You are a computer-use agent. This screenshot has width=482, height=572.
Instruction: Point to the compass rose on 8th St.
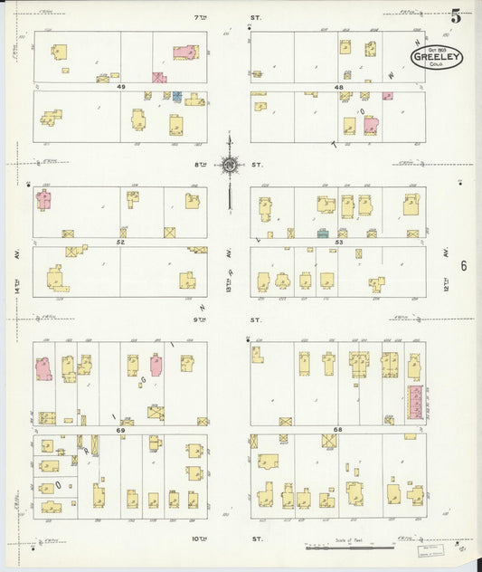230,165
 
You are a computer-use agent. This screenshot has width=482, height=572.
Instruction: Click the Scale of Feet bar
350,548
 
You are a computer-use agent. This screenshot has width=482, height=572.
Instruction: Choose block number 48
338,88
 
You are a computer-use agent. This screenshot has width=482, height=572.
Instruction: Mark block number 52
119,243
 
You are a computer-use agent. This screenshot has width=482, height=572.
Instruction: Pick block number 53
338,243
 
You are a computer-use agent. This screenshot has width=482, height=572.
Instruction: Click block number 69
119,430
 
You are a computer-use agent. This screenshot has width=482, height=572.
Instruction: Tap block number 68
338,430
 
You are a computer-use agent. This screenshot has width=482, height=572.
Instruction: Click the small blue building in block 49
177,96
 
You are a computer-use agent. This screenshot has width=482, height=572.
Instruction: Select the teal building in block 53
322,234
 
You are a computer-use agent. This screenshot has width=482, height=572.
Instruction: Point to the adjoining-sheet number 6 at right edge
463,265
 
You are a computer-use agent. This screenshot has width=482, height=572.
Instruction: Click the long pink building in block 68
415,401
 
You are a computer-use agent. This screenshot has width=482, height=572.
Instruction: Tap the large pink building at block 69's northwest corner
43,369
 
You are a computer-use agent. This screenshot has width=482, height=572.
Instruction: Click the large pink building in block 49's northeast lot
186,53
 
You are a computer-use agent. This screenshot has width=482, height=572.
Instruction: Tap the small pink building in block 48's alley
387,95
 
